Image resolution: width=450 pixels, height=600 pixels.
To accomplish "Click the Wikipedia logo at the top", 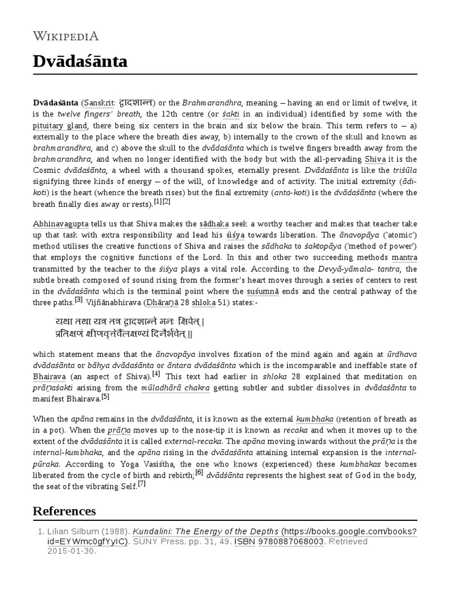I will (x=66, y=36).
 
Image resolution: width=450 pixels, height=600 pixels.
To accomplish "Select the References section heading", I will (x=64, y=510).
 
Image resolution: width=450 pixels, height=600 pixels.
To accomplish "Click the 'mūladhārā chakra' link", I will (x=170, y=388).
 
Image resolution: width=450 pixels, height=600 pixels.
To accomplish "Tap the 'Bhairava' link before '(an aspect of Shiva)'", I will (x=50, y=377).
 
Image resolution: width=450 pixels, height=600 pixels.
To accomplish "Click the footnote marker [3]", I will (x=79, y=300).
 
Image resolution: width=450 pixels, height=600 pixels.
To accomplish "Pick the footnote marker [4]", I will (x=156, y=374).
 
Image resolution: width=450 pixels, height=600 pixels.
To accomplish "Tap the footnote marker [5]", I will (x=105, y=396).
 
